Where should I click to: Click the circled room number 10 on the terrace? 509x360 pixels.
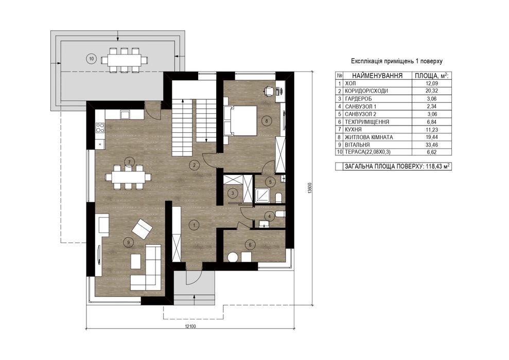click(92, 59)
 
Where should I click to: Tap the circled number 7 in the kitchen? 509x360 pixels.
click(129, 161)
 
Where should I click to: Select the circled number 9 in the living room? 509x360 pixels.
click(129, 242)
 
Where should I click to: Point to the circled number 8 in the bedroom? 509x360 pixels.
click(267, 121)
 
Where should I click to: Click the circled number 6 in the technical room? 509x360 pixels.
click(250, 245)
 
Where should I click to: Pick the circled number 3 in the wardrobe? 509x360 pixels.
click(233, 193)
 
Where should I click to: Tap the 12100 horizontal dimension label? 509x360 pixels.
click(190, 326)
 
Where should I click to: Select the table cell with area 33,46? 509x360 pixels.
click(432, 145)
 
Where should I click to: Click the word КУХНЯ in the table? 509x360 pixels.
click(354, 130)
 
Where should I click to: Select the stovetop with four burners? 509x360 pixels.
click(100, 128)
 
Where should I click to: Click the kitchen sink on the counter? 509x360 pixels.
click(125, 115)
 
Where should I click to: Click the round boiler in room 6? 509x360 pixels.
click(233, 257)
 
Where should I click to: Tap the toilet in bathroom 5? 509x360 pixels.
click(278, 197)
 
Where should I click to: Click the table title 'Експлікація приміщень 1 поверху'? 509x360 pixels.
click(397, 61)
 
